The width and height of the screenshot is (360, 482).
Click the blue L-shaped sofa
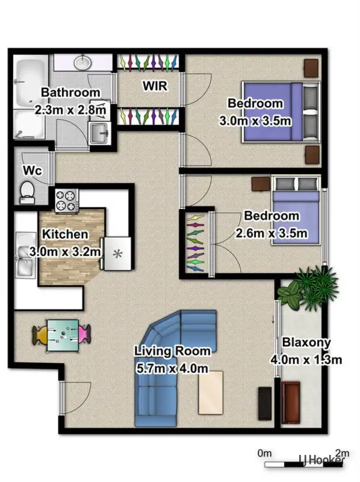click(x=172, y=361)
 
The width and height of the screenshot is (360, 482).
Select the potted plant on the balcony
click(x=308, y=288)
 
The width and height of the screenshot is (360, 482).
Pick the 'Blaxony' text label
click(x=306, y=343)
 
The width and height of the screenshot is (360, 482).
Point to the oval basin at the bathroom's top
click(x=82, y=62)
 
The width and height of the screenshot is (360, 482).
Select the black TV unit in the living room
click(x=265, y=402)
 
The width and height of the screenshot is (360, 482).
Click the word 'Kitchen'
click(x=65, y=234)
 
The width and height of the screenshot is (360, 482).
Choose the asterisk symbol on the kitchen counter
click(x=118, y=254)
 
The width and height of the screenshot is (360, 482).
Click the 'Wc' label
click(x=32, y=171)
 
